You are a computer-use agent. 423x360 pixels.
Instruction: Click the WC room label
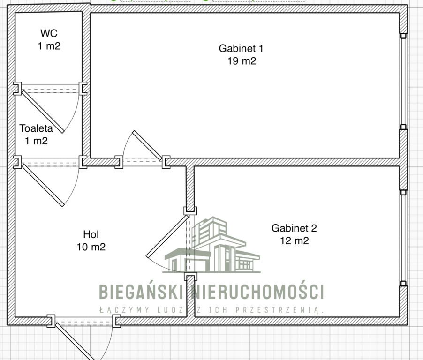coord(49,33)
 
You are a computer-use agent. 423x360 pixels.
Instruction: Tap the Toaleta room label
coord(36,128)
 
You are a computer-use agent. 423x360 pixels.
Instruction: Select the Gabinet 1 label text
coord(241,48)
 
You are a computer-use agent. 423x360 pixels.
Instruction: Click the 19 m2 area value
coord(241,61)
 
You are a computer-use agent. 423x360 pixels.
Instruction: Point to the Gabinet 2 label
coord(294,228)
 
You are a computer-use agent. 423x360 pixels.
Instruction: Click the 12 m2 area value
coord(294,241)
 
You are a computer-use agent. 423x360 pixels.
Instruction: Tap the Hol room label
coord(91,234)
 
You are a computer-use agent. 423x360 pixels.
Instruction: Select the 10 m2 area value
coord(91,247)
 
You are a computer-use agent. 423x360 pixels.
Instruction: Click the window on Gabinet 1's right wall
coord(403,82)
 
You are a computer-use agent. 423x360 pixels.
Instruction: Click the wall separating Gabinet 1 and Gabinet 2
coord(291,162)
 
